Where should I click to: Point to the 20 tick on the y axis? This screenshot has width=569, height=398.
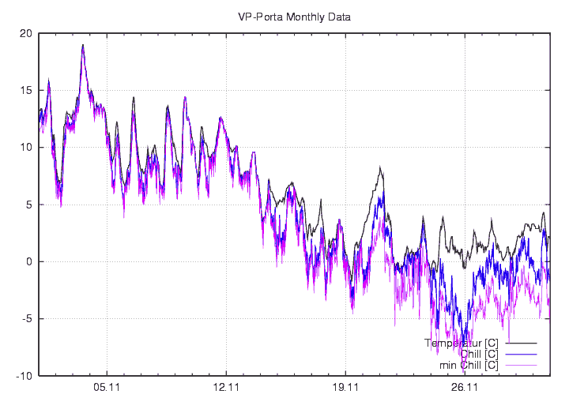(26, 33)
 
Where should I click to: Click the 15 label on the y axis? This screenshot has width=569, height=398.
(26, 90)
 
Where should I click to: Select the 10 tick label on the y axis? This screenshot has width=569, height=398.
(26, 148)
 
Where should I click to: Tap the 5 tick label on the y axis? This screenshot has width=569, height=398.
(28, 205)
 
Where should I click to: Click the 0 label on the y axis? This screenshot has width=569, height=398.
(28, 261)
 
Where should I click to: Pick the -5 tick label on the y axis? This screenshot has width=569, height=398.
(26, 319)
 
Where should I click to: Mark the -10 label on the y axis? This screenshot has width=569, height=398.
(24, 376)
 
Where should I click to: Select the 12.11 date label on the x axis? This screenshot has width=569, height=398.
(226, 388)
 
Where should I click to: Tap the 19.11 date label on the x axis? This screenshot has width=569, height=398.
(346, 388)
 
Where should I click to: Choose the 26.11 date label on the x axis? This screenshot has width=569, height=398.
(465, 388)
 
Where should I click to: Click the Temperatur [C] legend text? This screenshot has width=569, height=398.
(462, 344)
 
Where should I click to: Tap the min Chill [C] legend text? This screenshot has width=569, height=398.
(469, 365)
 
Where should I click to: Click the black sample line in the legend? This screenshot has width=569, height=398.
(521, 344)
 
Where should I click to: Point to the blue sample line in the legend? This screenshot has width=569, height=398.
(521, 355)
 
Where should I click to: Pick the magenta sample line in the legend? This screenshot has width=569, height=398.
(521, 366)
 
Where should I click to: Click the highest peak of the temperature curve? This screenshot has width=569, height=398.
(82, 45)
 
